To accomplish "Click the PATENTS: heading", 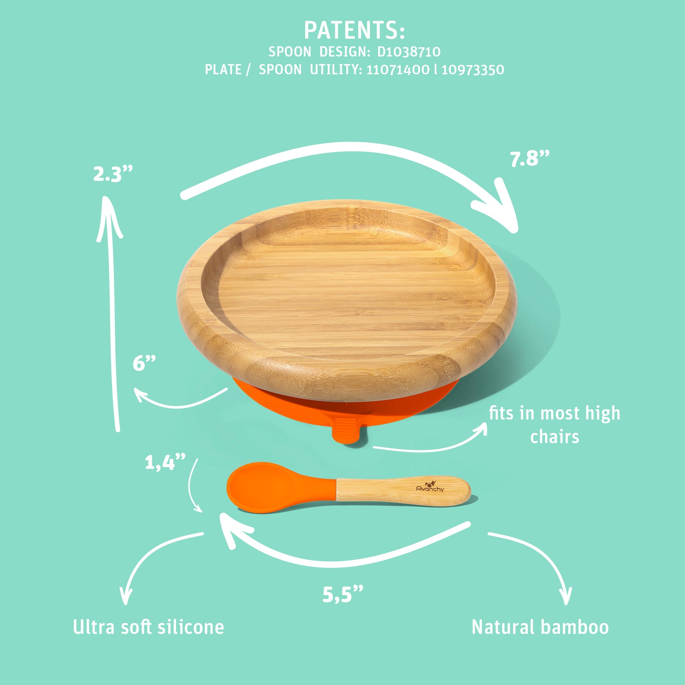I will click(354, 30).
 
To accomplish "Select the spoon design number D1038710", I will click(408, 52).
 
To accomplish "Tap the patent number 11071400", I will click(398, 70).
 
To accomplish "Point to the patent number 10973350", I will click(473, 70).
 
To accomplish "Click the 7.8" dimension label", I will click(529, 159).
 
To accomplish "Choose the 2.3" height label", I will click(113, 174).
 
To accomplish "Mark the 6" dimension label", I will click(144, 363).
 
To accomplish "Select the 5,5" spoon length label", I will click(342, 594).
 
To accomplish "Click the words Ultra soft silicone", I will click(149, 628).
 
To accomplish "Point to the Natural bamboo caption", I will click(540, 628).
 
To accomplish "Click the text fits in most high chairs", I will click(554, 425).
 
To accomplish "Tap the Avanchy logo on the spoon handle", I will click(430, 486).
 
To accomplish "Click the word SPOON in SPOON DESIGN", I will click(289, 52).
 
